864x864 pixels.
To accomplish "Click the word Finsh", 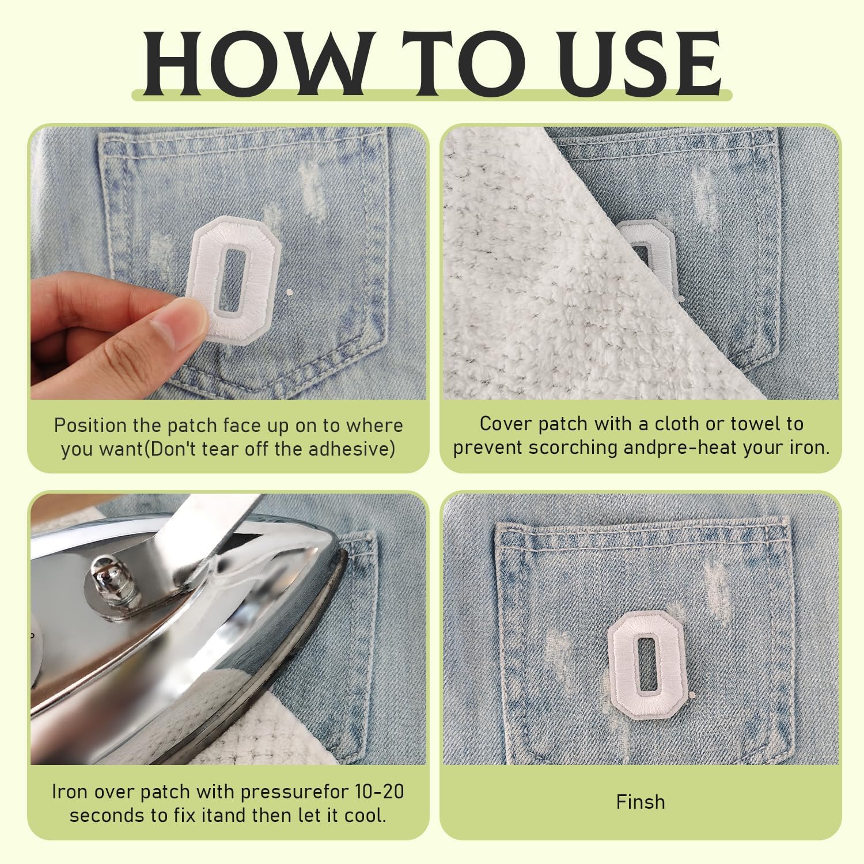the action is point(641,802).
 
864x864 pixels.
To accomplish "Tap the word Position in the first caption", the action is point(90,426).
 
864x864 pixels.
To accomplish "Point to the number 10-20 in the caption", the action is point(377,791).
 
